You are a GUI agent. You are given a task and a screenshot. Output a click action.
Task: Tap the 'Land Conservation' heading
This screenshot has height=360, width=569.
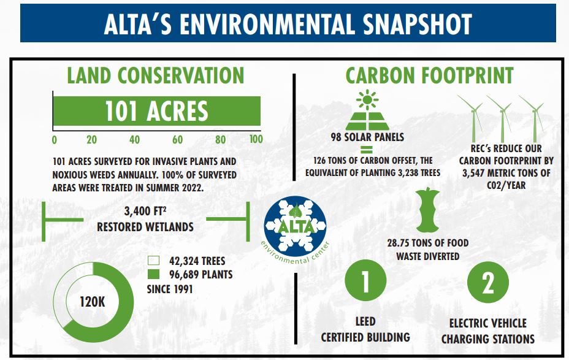coord(155,75)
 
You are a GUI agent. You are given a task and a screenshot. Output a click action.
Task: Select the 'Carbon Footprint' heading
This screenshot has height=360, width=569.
coord(429,75)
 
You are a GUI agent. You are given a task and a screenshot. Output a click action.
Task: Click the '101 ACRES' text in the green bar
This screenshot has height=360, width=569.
coord(156,111)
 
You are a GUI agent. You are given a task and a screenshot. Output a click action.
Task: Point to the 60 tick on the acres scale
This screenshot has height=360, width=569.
coord(178,139)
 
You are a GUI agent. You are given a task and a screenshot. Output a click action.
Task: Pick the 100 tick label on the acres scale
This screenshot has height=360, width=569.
coord(256,139)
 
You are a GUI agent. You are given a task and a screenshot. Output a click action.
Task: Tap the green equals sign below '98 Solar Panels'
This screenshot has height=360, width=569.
coord(366,149)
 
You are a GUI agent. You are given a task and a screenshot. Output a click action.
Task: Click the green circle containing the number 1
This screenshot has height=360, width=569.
coord(365,283)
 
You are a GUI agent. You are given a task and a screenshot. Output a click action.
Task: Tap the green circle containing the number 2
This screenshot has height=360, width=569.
coord(488,283)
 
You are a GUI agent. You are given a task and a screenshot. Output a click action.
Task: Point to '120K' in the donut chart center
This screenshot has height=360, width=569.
coord(94,301)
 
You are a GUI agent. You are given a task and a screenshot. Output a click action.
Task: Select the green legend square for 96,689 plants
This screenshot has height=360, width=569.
coord(155,274)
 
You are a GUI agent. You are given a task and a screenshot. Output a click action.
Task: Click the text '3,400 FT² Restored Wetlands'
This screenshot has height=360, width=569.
coord(145,220)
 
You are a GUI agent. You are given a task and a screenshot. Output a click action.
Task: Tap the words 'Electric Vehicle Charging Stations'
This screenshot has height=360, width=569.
coord(488,331)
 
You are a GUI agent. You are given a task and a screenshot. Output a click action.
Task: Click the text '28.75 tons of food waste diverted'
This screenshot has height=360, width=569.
coord(427,250)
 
